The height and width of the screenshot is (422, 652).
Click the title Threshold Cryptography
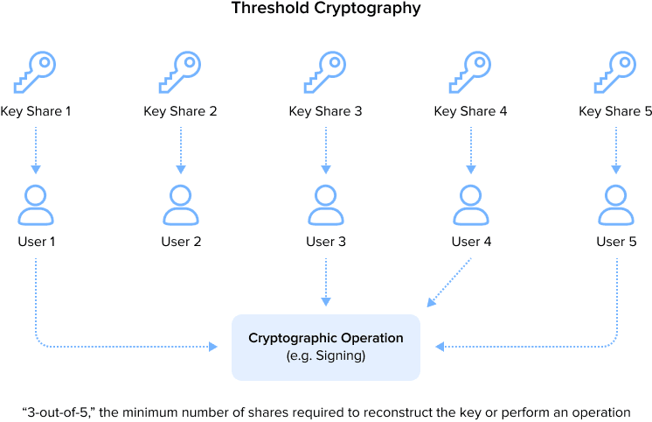click(x=325, y=10)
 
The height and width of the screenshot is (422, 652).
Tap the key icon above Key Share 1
click(x=36, y=71)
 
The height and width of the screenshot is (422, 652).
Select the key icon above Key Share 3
click(x=326, y=71)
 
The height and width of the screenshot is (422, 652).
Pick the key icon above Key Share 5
click(x=616, y=71)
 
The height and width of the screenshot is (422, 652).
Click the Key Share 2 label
click(x=180, y=111)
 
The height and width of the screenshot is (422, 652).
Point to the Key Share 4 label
click(x=470, y=111)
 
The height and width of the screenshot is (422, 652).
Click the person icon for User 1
click(x=36, y=206)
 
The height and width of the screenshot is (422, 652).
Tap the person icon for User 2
click(x=181, y=206)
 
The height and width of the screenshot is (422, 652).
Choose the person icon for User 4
click(x=471, y=206)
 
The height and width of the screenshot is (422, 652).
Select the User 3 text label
click(x=326, y=241)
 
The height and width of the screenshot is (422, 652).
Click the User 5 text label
click(x=616, y=241)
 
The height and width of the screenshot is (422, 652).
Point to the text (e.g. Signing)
click(x=326, y=356)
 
